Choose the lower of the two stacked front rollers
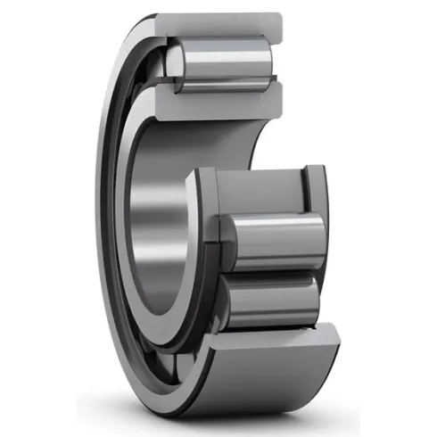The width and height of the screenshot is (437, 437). (268, 299)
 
